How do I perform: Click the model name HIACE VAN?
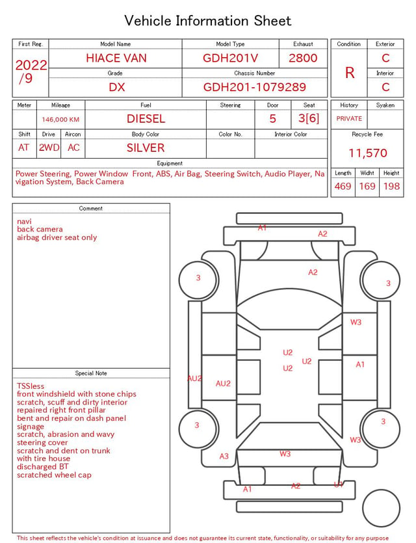[116, 58]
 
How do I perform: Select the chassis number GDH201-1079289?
[254, 87]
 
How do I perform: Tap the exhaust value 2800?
[303, 58]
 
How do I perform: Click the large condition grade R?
[350, 73]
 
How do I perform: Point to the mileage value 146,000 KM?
[60, 120]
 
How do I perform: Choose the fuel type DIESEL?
[146, 119]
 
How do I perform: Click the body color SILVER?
[146, 148]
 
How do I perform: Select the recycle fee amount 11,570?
[367, 153]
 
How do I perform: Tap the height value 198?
[391, 186]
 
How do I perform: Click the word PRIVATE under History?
[349, 118]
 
